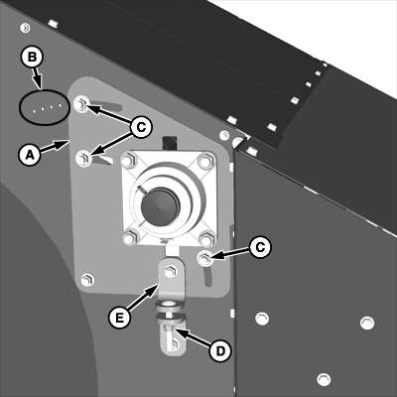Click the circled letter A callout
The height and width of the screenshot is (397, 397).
[x=28, y=154]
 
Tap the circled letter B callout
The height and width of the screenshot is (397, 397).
[x=32, y=58]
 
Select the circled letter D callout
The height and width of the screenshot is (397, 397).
[x=218, y=348]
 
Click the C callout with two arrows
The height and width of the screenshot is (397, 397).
[x=141, y=126]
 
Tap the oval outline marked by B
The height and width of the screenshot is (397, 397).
[x=43, y=104]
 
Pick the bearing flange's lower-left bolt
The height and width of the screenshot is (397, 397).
[x=131, y=237]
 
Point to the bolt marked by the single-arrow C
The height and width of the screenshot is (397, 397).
[x=205, y=261]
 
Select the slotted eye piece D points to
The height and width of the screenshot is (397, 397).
[x=177, y=337]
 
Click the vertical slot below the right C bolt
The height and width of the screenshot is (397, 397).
[x=207, y=279]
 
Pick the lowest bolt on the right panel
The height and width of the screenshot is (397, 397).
[x=322, y=378]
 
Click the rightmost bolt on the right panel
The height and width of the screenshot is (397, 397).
[x=367, y=323]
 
